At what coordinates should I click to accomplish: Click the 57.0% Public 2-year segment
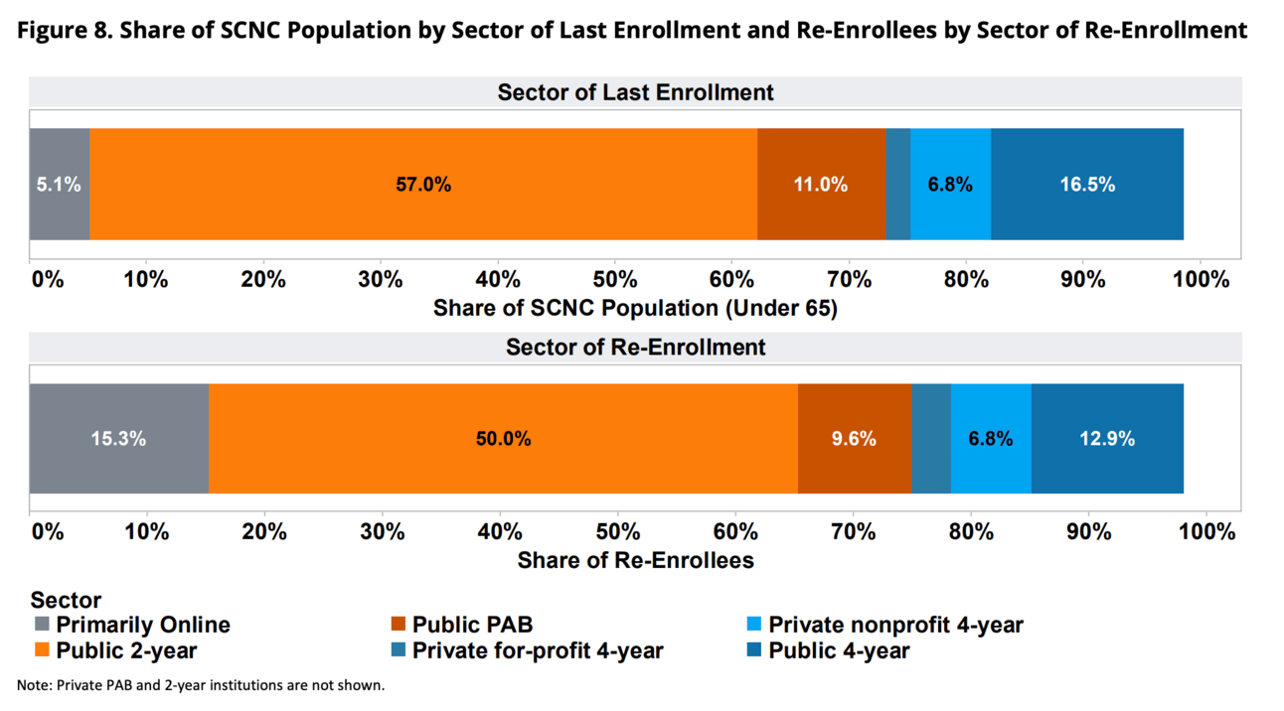423,185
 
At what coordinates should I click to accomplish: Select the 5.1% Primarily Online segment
59,185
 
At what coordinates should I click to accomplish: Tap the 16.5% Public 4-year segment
1087,185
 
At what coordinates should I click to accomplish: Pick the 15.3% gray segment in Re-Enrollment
119,438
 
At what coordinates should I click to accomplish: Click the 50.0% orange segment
503,438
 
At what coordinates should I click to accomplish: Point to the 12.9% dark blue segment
1107,438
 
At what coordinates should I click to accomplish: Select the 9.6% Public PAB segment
855,438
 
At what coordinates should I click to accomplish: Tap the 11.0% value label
820,185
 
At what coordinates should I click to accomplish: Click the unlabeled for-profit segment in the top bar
897,185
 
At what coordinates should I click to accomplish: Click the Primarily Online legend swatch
42,626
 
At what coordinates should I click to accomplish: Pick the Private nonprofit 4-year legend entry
895,626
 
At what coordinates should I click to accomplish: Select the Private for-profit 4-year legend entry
537,651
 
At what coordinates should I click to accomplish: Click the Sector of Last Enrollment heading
635,92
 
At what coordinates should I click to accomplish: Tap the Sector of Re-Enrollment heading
635,348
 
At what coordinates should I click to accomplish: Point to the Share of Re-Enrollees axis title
635,560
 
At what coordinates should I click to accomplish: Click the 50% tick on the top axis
614,279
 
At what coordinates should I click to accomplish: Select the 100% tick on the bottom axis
1205,531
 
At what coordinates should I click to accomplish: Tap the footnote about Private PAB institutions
200,685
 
